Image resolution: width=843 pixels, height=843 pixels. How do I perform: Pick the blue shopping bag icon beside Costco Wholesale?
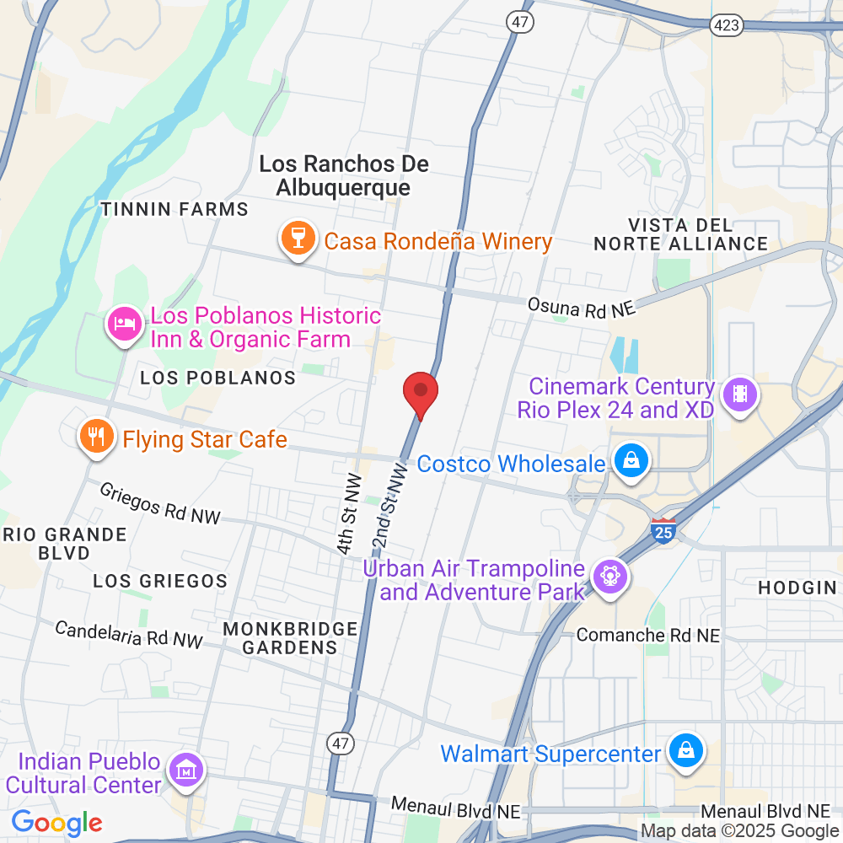pyautogui.click(x=629, y=462)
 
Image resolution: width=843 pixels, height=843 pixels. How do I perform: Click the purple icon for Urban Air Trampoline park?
pyautogui.click(x=608, y=578)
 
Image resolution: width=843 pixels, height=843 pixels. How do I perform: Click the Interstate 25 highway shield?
pyautogui.click(x=663, y=530)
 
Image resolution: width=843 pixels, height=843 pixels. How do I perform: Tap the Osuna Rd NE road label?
pyautogui.click(x=581, y=307)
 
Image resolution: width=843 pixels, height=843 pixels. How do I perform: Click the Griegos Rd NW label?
pyautogui.click(x=159, y=503)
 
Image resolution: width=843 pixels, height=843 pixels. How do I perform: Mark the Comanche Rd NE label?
pyautogui.click(x=648, y=635)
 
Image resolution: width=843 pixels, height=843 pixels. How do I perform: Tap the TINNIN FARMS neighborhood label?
pyautogui.click(x=175, y=209)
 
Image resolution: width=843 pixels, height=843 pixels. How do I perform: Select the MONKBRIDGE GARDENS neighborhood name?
pyautogui.click(x=290, y=638)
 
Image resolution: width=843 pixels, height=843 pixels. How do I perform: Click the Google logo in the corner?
pyautogui.click(x=56, y=822)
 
